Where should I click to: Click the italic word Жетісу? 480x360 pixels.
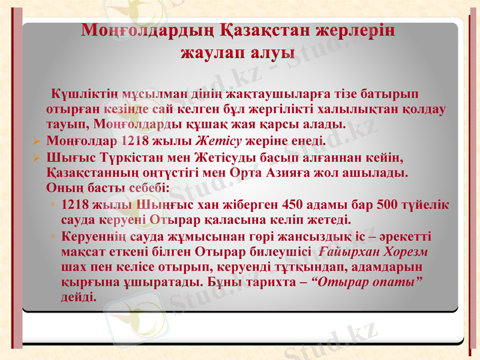(x=220, y=142)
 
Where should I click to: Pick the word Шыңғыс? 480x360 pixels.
(x=164, y=203)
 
